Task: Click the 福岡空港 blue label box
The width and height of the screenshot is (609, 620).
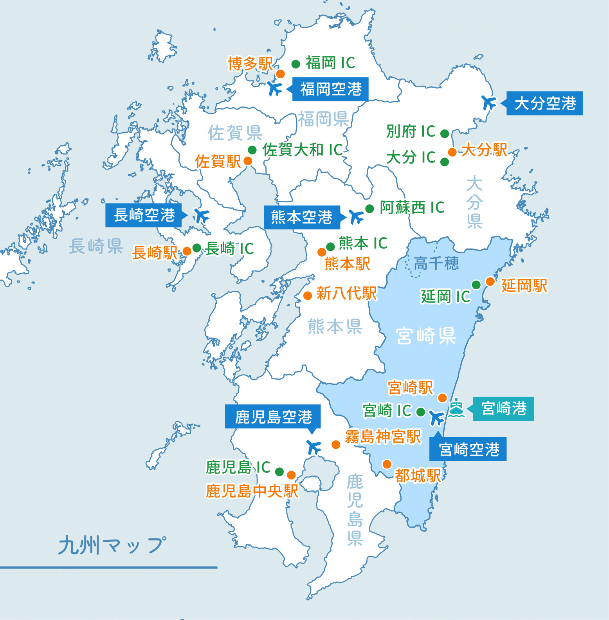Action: [x=331, y=89]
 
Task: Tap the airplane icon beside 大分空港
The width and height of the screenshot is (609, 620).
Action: [x=489, y=103]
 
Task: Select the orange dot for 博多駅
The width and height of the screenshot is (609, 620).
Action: [x=280, y=74]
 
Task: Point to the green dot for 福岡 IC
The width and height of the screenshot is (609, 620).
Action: [x=296, y=64]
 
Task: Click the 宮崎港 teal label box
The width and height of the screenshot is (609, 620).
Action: [x=503, y=409]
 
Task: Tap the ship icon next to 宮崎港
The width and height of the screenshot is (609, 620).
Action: [x=456, y=408]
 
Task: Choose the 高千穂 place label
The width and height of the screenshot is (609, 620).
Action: [x=436, y=263]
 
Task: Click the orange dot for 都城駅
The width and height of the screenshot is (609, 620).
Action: [x=387, y=464]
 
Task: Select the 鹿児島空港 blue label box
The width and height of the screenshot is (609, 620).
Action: [x=273, y=417]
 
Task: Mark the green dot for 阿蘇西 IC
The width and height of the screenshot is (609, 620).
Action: [x=369, y=209]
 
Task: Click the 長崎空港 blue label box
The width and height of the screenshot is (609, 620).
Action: [x=144, y=215]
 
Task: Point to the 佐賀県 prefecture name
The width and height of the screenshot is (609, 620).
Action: [x=234, y=133]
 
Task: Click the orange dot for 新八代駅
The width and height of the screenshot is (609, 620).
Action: [x=308, y=296]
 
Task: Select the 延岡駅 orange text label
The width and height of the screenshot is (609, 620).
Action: [x=524, y=286]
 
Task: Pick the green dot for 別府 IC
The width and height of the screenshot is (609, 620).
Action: [x=445, y=134]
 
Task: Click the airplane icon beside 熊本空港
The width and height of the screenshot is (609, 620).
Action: [x=356, y=216]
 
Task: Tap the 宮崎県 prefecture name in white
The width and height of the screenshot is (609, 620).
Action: [x=426, y=336]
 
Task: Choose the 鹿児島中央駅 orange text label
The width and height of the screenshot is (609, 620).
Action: [x=252, y=491]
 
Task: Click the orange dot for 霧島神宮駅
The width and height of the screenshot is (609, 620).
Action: [x=336, y=445]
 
